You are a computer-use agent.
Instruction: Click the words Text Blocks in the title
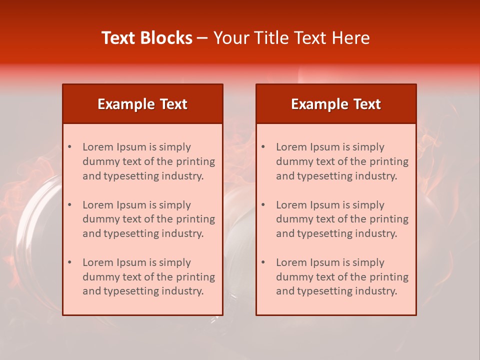[147, 38]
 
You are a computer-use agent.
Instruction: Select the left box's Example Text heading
[142, 104]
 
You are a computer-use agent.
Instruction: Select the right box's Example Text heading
[336, 104]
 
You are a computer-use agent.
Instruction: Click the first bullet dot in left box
[70, 147]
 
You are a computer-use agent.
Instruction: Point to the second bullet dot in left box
[70, 205]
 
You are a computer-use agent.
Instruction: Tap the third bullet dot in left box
[70, 262]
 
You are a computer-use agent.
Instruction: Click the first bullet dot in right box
[263, 147]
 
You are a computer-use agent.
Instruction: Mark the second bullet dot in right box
[263, 205]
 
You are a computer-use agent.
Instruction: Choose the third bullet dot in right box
[263, 262]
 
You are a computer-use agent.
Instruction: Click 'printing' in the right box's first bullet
[391, 161]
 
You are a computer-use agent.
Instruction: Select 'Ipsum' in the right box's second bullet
[323, 205]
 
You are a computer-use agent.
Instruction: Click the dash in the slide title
[202, 38]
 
